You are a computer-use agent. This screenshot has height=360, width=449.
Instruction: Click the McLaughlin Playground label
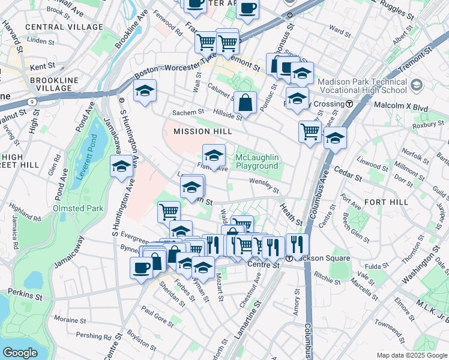click(256, 161)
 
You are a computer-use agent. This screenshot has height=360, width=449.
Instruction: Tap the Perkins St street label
click(25, 295)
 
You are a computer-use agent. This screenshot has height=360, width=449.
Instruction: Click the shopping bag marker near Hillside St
click(245, 103)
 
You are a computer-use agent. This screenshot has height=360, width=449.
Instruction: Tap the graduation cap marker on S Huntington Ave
click(121, 166)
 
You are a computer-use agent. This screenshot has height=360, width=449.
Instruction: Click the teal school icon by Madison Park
click(414, 88)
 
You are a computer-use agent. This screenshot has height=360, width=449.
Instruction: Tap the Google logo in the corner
click(20, 353)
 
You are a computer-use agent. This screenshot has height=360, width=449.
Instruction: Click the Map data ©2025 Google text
click(411, 355)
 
